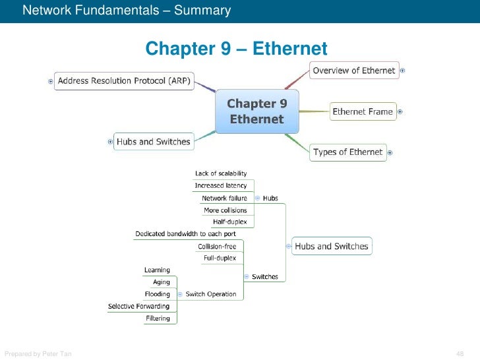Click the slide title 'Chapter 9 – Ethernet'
coord(236,49)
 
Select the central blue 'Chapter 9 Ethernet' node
coord(256,111)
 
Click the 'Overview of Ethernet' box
coord(354,71)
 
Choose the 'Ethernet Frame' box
coord(362,111)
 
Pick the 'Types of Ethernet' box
coord(347,152)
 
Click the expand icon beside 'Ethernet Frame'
coord(400,111)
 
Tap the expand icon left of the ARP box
coord(51,81)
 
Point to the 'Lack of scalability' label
coord(221,173)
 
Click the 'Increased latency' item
coord(221,186)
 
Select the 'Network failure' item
coord(224,198)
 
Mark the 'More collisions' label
coord(225,210)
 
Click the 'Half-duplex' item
coord(229,222)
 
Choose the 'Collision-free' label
coord(217,247)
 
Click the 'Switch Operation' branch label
coord(210,294)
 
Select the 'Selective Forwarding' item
coord(138,307)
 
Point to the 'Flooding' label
coord(157,294)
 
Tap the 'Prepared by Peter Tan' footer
coord(38,354)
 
